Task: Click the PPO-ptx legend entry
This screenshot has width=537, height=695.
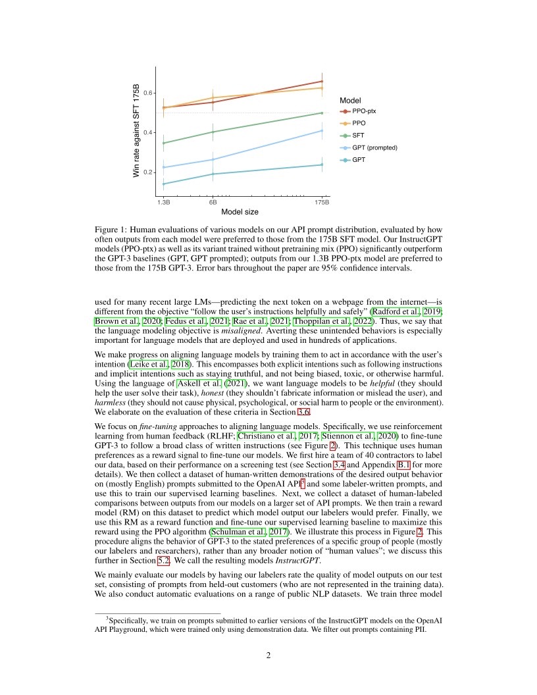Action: point(364,111)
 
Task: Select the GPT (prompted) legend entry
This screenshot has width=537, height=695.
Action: point(374,147)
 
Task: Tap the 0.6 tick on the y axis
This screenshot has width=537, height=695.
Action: point(149,93)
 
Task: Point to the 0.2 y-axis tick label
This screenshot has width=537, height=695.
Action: point(149,172)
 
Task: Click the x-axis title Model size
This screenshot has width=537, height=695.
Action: point(240,212)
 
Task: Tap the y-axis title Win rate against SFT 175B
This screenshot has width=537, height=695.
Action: point(137,130)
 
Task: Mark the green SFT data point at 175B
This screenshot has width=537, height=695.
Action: point(322,113)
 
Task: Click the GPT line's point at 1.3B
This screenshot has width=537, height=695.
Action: point(164,184)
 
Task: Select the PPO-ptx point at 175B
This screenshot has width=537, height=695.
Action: point(322,82)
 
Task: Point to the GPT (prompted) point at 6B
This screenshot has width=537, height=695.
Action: point(213,159)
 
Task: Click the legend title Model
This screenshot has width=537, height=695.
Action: point(350,100)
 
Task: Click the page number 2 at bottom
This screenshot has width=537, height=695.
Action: point(268,655)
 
